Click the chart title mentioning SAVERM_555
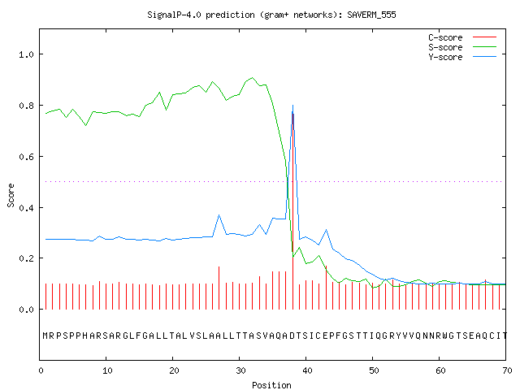[x=271, y=15]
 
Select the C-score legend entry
[x=462, y=37]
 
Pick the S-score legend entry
[x=462, y=47]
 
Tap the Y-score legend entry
[x=462, y=57]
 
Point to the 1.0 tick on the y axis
[x=26, y=54]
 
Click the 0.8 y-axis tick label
[x=26, y=106]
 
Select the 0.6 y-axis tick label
[x=26, y=157]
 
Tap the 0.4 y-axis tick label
[x=26, y=208]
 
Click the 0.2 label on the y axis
[x=26, y=258]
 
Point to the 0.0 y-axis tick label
[x=26, y=310]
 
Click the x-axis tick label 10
[x=107, y=370]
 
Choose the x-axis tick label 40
[x=307, y=370]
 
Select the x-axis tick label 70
[x=507, y=370]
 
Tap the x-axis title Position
[x=271, y=385]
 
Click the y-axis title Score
[x=11, y=195]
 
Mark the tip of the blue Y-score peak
[x=292, y=106]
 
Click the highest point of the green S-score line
[x=253, y=78]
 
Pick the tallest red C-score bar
[x=292, y=211]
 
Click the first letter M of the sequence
[x=45, y=336]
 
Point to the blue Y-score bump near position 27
[x=219, y=215]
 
